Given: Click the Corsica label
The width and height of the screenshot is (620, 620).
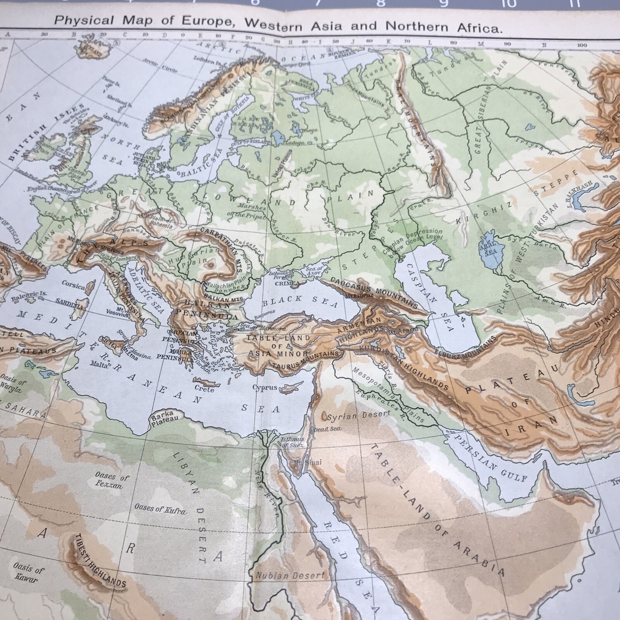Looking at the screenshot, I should tap(73, 283).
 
